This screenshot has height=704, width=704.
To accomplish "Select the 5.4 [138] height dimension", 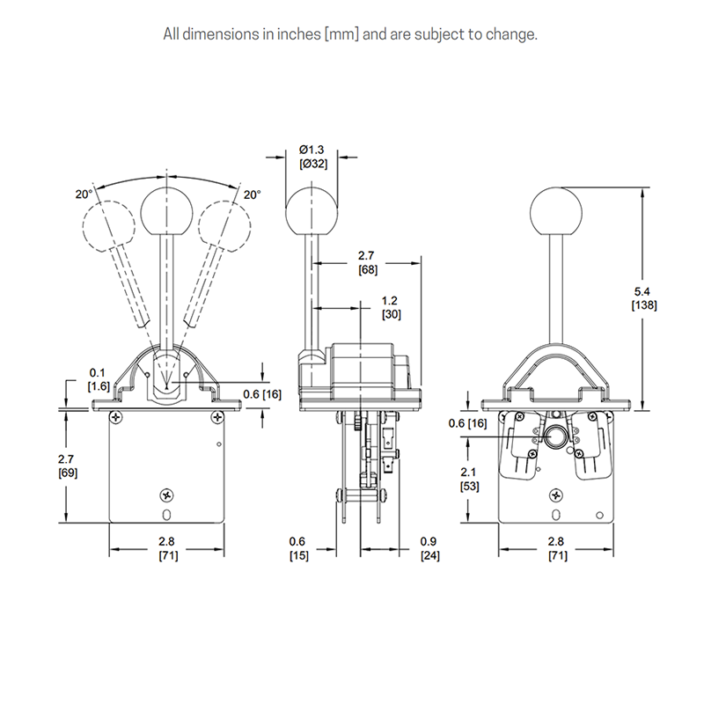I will (644, 297).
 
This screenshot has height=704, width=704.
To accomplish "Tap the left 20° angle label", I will (83, 194).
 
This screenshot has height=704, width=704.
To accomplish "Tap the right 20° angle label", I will (253, 194).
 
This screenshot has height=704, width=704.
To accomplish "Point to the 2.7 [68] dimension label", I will (369, 262).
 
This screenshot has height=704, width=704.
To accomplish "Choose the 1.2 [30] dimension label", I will (392, 306).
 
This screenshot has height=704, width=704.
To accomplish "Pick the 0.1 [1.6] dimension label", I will (98, 379).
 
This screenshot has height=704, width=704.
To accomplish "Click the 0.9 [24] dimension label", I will (429, 548).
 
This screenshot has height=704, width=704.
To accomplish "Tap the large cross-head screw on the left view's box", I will (165, 495).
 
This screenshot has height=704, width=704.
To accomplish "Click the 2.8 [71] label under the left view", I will (165, 548).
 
